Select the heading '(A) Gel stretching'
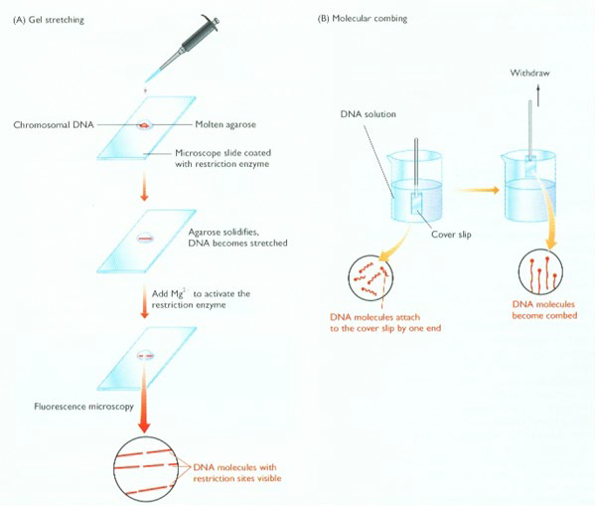(x=49, y=20)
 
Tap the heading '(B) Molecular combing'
(x=363, y=18)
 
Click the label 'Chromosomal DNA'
(x=54, y=125)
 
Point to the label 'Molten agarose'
(x=225, y=124)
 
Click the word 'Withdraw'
(x=529, y=73)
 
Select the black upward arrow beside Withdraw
(x=538, y=95)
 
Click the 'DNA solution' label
(x=369, y=114)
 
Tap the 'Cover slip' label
(x=451, y=235)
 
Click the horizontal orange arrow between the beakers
(x=478, y=190)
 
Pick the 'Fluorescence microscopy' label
(x=83, y=407)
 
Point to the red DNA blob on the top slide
(x=144, y=124)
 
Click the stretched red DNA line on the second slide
(x=145, y=239)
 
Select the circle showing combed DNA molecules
(x=540, y=272)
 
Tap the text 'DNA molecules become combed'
(x=544, y=310)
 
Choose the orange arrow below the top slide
(x=144, y=187)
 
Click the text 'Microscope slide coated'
(x=224, y=153)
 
